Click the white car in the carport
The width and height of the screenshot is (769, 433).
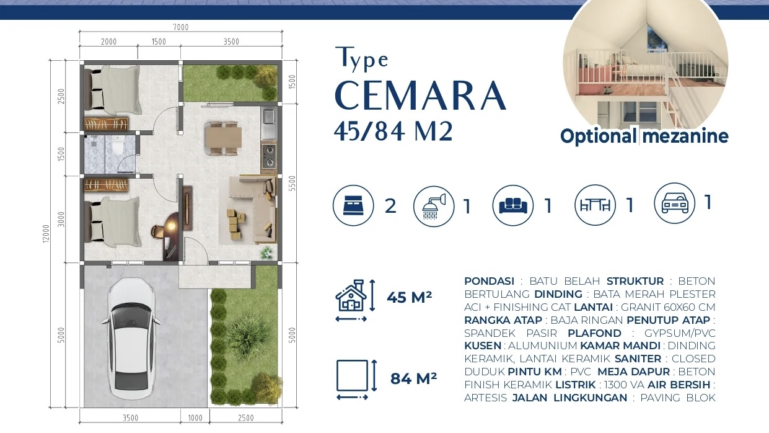tap(130, 338)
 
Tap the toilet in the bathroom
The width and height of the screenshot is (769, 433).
tap(116, 148)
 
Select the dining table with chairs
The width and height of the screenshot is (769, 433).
tap(222, 137)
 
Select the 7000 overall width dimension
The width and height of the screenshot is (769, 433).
tap(180, 27)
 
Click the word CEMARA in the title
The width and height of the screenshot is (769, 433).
tap(420, 96)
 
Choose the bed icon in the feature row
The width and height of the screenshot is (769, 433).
tap(353, 205)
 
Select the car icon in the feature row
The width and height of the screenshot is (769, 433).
tap(674, 203)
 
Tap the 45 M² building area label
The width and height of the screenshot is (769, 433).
tap(409, 298)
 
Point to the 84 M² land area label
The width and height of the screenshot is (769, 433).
tap(413, 377)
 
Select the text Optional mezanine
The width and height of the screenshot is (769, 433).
tap(644, 136)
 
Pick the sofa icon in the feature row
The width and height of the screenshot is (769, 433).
tap(512, 205)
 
